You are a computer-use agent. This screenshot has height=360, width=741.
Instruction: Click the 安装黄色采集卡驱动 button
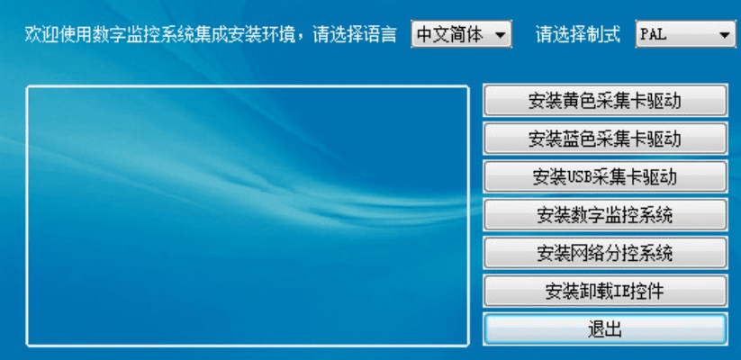[x=604, y=101]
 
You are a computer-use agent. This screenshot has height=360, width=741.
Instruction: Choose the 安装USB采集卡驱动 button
[x=604, y=176]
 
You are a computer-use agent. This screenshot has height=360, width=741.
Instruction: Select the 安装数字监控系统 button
[x=604, y=215]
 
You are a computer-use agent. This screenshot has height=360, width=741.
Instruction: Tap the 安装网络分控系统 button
[x=604, y=253]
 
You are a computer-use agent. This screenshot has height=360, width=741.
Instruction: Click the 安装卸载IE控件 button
[x=604, y=292]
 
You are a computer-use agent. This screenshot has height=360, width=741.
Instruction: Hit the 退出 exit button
[x=604, y=329]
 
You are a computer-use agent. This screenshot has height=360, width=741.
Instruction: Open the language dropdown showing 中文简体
[x=450, y=35]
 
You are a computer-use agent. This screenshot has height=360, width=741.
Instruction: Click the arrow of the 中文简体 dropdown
[x=501, y=36]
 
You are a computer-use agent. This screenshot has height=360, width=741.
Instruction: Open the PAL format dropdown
[x=676, y=35]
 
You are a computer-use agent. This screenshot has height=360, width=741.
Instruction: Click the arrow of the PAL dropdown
[x=725, y=36]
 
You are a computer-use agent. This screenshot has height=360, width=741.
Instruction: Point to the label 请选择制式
[x=577, y=35]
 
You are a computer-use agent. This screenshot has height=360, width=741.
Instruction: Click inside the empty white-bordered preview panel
[x=247, y=216]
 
